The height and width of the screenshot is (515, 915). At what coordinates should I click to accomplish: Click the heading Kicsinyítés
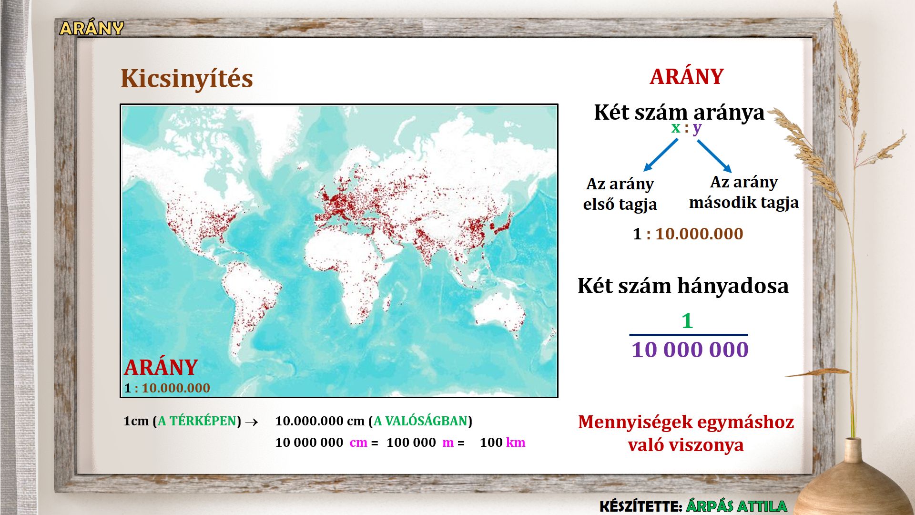(x=186, y=79)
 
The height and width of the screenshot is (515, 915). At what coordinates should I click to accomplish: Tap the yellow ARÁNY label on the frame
(x=91, y=28)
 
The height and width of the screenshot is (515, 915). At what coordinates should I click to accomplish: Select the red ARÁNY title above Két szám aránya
(x=687, y=76)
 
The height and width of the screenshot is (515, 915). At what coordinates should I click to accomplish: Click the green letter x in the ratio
(x=676, y=128)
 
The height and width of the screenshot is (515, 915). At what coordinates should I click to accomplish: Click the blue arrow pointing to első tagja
(x=661, y=154)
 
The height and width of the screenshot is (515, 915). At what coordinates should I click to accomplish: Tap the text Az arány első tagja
(x=620, y=194)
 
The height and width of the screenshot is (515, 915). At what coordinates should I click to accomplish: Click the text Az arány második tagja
(x=744, y=192)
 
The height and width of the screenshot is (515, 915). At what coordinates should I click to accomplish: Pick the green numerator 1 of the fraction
(x=687, y=321)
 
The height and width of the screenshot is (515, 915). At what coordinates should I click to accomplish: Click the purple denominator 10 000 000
(x=690, y=350)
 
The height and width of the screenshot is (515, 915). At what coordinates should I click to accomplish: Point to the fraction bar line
(x=689, y=335)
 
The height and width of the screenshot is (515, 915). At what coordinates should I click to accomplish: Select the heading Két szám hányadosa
(x=683, y=286)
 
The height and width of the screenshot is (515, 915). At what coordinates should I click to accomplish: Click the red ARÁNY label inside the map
(x=161, y=368)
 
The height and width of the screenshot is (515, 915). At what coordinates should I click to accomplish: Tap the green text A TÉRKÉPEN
(x=197, y=421)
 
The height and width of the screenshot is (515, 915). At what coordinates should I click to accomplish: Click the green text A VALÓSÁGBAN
(x=420, y=421)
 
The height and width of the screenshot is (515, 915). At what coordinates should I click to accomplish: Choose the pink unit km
(x=516, y=443)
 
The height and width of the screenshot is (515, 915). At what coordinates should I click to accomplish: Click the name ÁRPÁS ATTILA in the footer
(x=736, y=506)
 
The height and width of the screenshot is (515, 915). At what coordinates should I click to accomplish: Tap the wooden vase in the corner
(x=853, y=482)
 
